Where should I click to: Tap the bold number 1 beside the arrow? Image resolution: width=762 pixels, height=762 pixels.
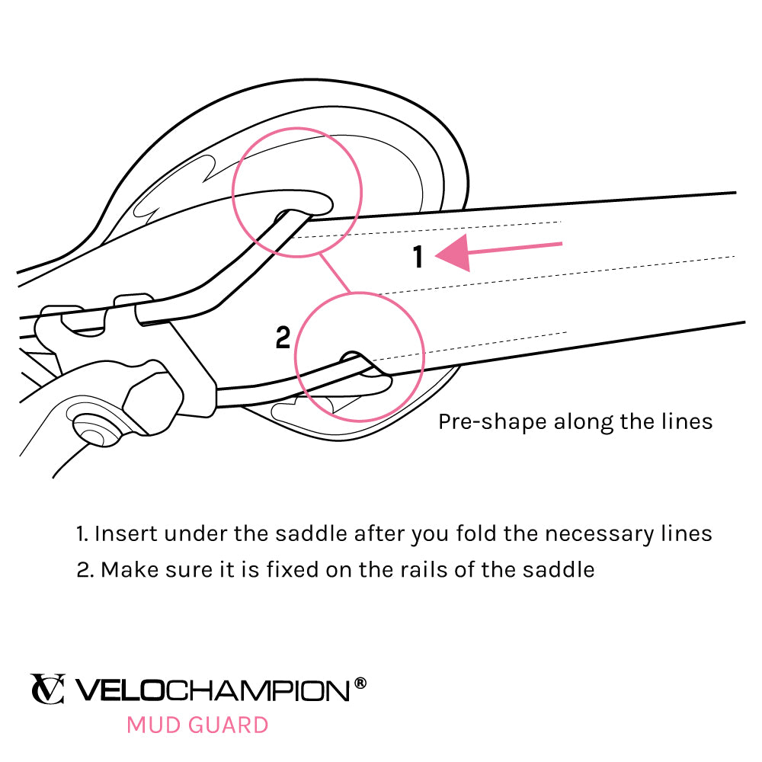(x=418, y=258)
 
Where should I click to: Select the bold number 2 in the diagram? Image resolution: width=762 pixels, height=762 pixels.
(x=283, y=338)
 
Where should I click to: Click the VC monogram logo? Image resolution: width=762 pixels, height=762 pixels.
(x=47, y=689)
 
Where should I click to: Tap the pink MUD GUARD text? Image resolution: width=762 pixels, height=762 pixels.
(x=197, y=724)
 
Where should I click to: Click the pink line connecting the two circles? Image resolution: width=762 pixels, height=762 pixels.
(x=335, y=274)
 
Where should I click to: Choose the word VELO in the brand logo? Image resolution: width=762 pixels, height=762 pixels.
(x=120, y=690)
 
